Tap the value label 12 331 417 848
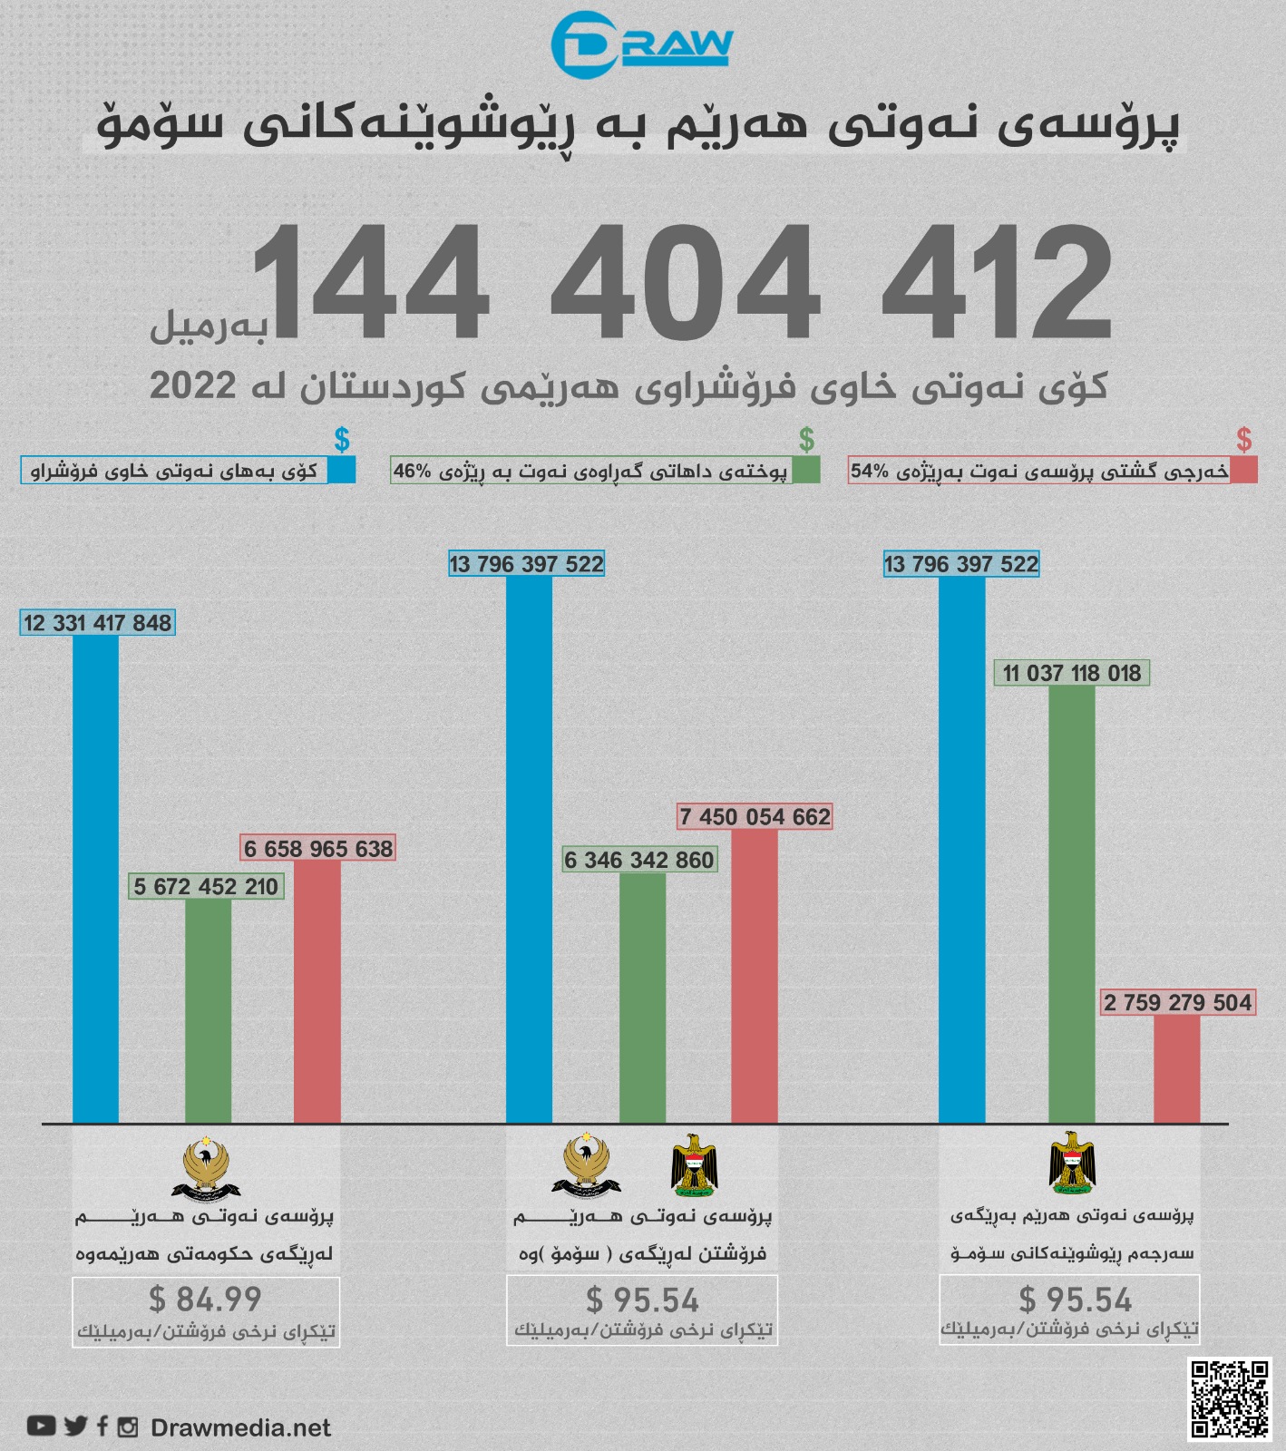point(98,623)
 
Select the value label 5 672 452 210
point(206,886)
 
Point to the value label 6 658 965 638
point(318,849)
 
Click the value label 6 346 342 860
point(639,860)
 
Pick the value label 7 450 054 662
point(755,817)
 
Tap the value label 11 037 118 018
point(1072,673)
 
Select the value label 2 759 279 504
point(1177,1002)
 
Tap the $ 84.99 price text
point(205,1299)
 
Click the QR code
point(1230,1398)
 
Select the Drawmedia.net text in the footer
point(240,1427)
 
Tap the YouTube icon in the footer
point(41,1426)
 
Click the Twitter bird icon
point(76,1426)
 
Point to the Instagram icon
point(128,1427)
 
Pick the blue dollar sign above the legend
point(342,440)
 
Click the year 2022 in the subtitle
point(192,385)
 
